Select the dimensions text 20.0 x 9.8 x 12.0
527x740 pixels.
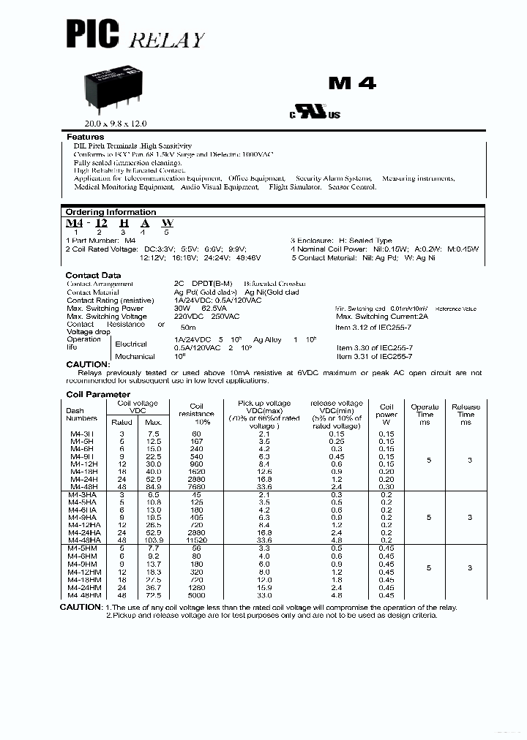click(x=111, y=124)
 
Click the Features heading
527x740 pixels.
click(x=86, y=137)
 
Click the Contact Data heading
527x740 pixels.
click(x=93, y=276)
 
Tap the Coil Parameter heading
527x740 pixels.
click(x=98, y=395)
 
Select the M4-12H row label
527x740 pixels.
click(x=81, y=463)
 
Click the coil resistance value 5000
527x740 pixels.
click(x=196, y=595)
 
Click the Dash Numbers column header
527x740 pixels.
click(x=81, y=414)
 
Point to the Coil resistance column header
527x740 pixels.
click(x=196, y=414)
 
